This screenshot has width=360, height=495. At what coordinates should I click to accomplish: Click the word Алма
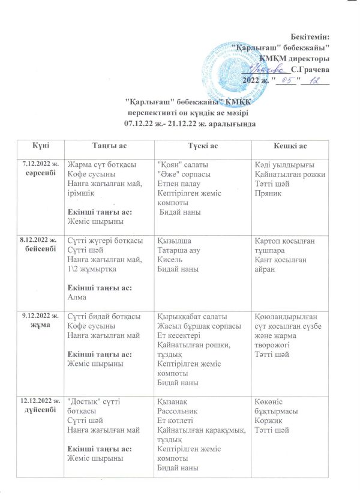(x=77, y=296)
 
